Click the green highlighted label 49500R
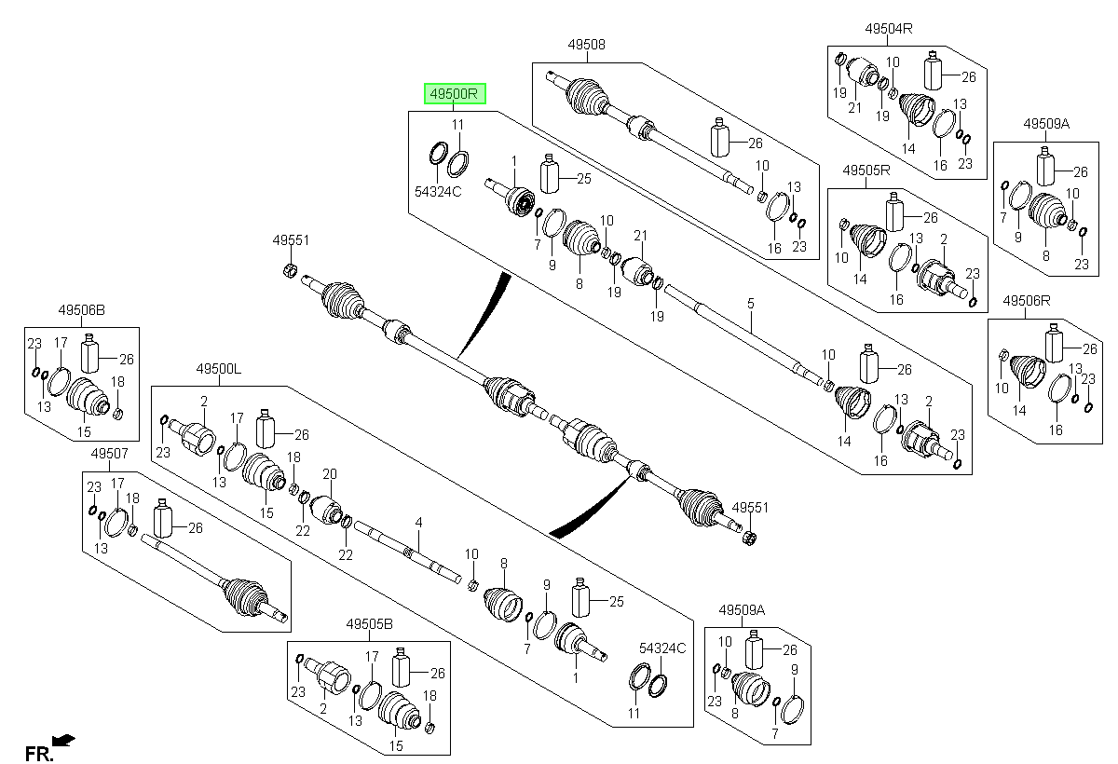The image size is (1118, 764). (x=455, y=94)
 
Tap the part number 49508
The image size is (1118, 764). (x=586, y=45)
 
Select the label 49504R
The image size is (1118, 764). (x=889, y=29)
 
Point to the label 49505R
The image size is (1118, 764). (x=866, y=171)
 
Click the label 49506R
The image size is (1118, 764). (x=1026, y=300)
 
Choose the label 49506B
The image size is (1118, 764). (x=81, y=310)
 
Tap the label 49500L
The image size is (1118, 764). (x=219, y=369)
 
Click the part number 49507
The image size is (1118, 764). (x=109, y=453)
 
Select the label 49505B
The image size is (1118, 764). (x=369, y=623)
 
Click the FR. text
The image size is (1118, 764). (x=39, y=754)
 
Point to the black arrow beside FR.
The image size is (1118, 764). (x=63, y=740)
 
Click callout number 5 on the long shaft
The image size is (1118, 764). (x=751, y=304)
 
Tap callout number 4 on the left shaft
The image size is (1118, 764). (x=418, y=523)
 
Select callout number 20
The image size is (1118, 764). (x=330, y=473)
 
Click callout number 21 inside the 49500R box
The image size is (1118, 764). (x=640, y=236)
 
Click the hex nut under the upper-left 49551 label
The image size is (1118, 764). (x=290, y=270)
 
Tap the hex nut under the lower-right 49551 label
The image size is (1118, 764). (x=750, y=538)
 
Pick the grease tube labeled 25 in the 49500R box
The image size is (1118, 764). (x=550, y=173)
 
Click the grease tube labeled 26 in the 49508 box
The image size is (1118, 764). (x=719, y=137)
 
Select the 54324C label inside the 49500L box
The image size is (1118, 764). (x=662, y=648)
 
